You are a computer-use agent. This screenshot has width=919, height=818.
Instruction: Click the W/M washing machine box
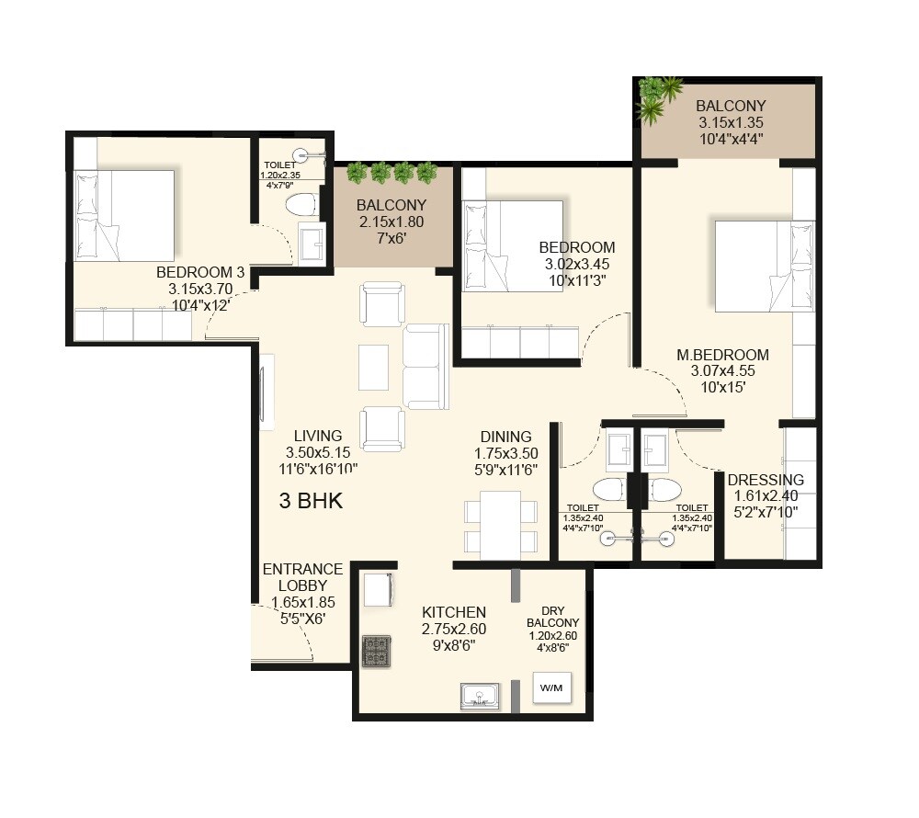point(551,687)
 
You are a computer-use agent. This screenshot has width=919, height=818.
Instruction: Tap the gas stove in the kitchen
point(375,652)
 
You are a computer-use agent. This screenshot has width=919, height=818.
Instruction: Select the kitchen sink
point(480,697)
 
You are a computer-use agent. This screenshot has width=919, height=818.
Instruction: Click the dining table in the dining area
point(500,524)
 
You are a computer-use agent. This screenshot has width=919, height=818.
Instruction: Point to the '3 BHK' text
point(311,502)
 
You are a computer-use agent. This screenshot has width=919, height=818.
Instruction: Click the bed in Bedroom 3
point(124,215)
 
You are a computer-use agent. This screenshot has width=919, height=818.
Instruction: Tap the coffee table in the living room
point(374,366)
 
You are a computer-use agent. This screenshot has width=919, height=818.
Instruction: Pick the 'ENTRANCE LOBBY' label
point(302,577)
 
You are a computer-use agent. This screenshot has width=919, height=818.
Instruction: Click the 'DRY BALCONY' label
point(552,617)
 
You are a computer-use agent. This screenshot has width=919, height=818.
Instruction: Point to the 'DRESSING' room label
point(766,480)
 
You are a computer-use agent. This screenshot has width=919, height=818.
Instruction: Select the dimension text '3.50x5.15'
point(318,452)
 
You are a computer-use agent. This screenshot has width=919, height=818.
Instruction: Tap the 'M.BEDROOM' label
point(723,356)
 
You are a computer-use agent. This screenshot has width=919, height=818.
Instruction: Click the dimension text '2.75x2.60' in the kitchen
point(453,630)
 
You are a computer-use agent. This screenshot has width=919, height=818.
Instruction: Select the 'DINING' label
point(505,437)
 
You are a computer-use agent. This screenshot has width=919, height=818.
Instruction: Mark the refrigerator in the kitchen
point(380,589)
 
